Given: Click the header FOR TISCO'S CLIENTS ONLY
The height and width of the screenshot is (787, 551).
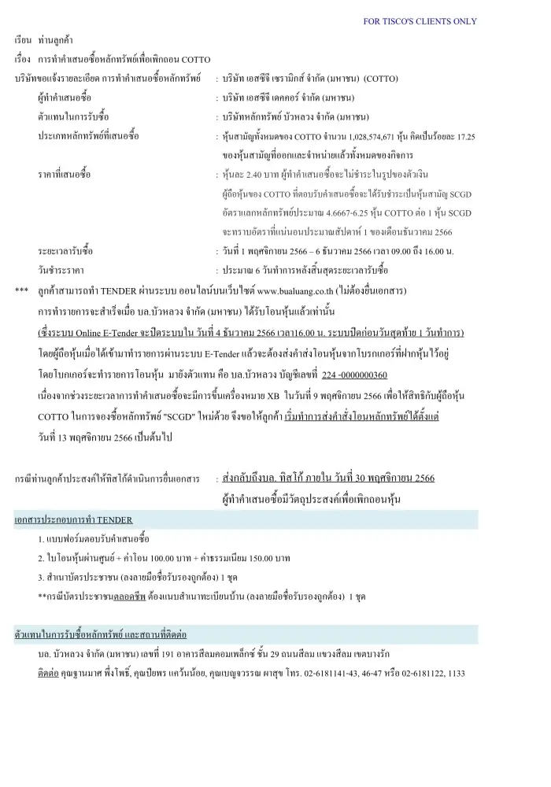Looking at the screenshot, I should point(420,21).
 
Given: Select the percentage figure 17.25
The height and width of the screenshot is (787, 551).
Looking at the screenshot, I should point(467,137).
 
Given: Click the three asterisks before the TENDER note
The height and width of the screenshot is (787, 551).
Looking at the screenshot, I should point(21,291).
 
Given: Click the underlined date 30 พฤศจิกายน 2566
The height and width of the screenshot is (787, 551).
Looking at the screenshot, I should point(390,478).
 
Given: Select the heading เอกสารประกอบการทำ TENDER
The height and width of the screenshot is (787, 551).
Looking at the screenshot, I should point(74,519).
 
